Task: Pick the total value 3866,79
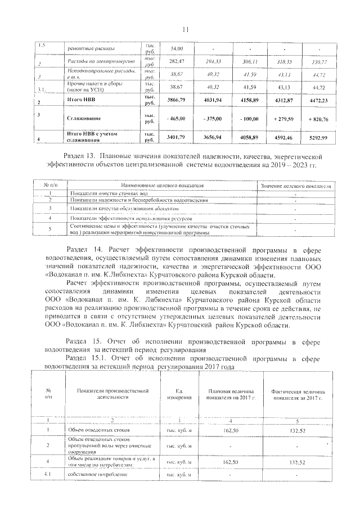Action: point(176,100)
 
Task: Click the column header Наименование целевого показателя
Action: point(163,184)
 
